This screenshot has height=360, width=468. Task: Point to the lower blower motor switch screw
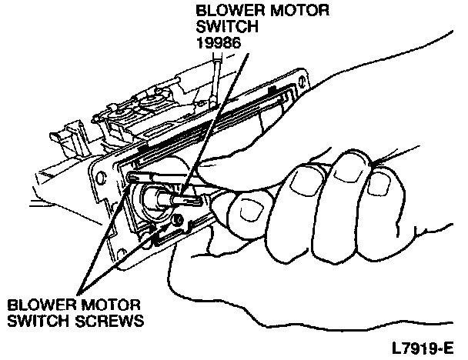[179, 223]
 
